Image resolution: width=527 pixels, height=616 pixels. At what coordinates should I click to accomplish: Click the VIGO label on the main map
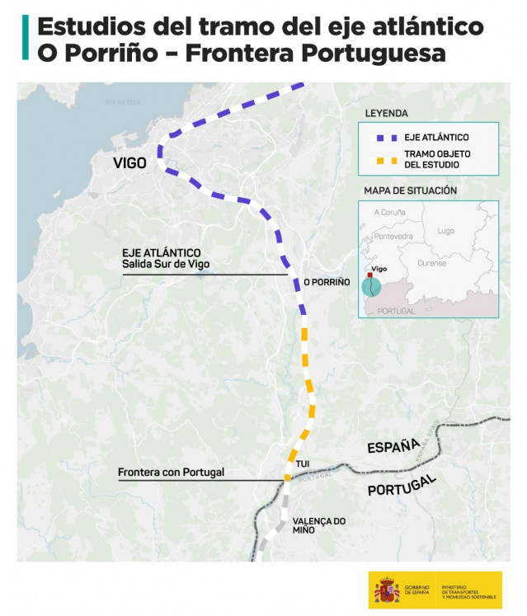129,163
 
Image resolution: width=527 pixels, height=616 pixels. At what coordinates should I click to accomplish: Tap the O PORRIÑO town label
327,282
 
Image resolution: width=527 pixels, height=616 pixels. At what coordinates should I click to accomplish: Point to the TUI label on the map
302,465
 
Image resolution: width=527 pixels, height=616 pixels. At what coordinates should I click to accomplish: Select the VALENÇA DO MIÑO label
318,525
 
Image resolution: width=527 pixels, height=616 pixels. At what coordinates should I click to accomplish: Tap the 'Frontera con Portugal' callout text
171,473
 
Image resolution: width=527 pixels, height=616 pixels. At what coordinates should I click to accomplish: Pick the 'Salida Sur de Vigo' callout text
165,264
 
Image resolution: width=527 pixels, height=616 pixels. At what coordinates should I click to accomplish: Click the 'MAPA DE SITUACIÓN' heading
410,190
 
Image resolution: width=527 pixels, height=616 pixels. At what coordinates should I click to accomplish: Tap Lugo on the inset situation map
445,231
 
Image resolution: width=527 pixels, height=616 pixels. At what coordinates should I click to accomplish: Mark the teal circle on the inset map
372,286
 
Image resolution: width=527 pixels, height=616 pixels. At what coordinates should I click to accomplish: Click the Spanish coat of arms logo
387,590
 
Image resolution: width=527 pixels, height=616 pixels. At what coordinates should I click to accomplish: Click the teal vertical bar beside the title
26,39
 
